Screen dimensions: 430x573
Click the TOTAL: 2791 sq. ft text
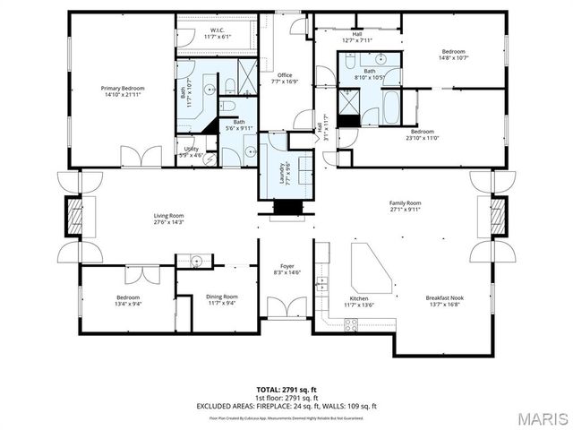(286, 390)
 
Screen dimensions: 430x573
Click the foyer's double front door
(287, 309)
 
